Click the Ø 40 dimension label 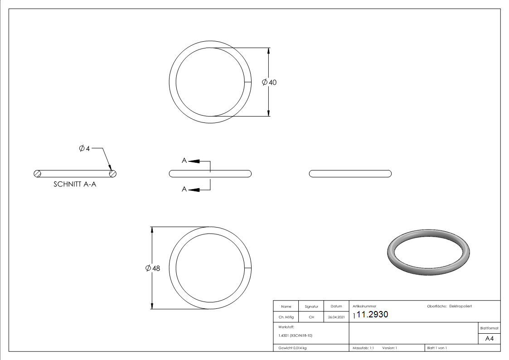269,83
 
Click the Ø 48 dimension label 153,268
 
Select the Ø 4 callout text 84,148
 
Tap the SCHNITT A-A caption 75,185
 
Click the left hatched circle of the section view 38,173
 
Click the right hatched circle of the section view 113,173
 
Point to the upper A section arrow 194,161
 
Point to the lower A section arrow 194,189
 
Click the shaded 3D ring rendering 429,254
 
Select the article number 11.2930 372,315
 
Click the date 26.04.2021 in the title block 336,317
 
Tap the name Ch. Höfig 286,317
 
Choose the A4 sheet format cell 490,339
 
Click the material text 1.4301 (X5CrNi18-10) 295,336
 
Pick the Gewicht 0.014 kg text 292,348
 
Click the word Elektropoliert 461,306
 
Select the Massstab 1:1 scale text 363,348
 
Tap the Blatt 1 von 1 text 437,348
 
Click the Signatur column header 311,306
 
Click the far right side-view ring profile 350,173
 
